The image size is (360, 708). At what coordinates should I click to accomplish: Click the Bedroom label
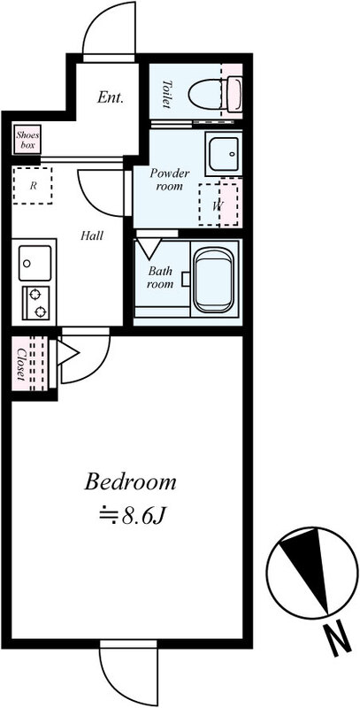(130, 482)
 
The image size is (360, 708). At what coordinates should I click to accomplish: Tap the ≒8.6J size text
(130, 515)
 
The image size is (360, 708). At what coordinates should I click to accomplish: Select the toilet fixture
(216, 95)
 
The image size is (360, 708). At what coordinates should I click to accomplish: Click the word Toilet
(167, 94)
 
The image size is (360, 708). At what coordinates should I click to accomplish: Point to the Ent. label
(110, 97)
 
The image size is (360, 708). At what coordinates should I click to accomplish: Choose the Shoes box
(27, 139)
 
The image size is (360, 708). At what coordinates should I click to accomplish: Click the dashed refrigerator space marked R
(33, 186)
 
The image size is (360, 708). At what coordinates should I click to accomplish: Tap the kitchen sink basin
(34, 263)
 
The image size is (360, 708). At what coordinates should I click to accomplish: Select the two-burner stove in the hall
(35, 303)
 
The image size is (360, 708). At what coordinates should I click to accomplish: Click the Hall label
(92, 235)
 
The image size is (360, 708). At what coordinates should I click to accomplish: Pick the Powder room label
(170, 180)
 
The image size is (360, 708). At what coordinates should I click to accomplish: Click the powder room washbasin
(224, 153)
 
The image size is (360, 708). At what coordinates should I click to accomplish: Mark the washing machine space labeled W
(218, 204)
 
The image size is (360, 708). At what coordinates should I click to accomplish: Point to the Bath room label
(161, 278)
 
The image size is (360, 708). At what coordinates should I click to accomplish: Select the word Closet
(20, 364)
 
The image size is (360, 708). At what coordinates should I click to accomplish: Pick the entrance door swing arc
(109, 28)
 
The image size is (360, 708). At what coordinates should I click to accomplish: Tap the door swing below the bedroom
(128, 673)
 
